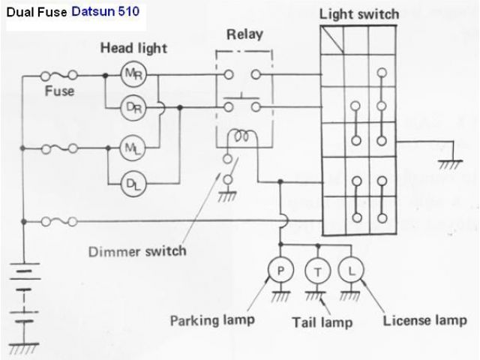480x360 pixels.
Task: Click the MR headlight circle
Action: coord(130,73)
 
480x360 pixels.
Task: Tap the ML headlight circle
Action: coord(130,148)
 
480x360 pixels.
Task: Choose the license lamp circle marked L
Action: coord(350,268)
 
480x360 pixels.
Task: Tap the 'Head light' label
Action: coord(134,48)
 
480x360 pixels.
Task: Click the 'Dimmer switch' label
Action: coord(136,250)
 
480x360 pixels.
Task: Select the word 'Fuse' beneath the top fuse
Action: coord(58,91)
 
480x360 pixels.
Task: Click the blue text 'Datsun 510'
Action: coord(106,12)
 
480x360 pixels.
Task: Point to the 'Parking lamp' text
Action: coord(212,320)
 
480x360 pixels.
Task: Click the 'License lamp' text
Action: coord(424,321)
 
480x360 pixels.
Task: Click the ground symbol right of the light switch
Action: coord(450,161)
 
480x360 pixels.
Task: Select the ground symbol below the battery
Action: coord(28,348)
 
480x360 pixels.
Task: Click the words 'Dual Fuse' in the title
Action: coord(36,12)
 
